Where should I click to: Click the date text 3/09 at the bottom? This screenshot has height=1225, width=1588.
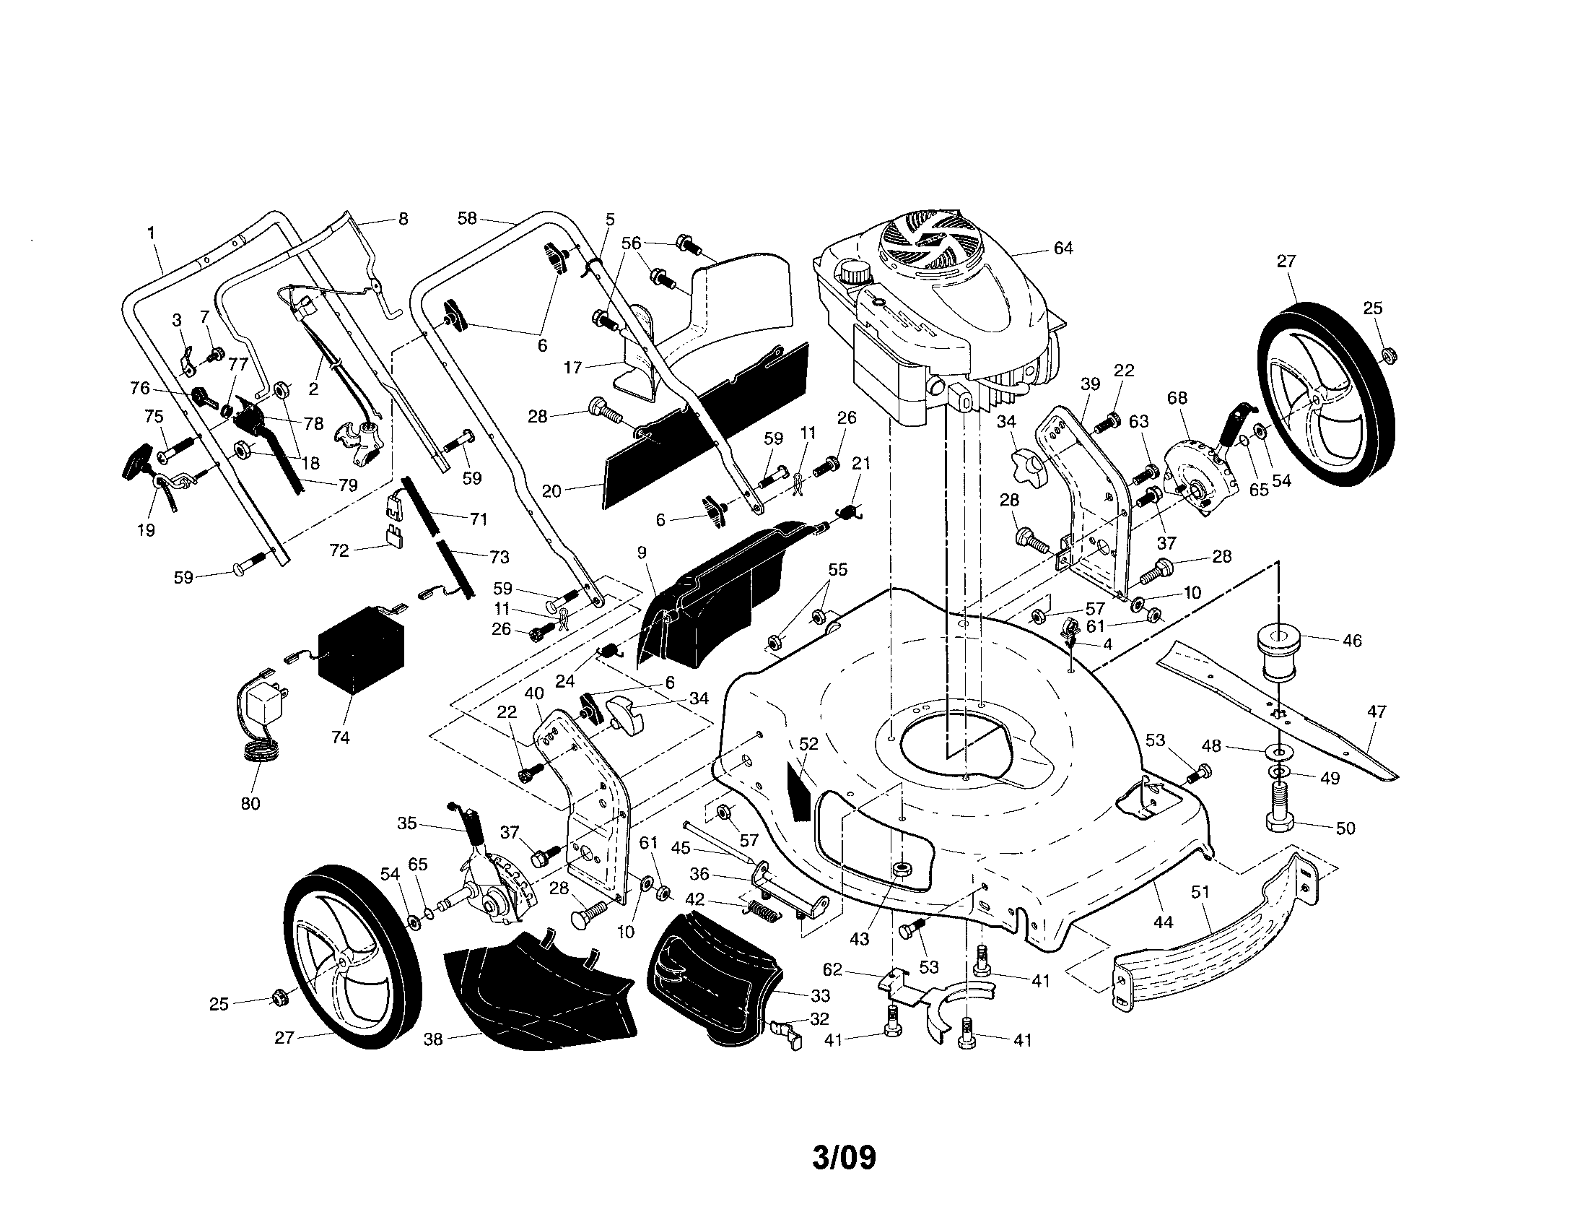click(x=843, y=1158)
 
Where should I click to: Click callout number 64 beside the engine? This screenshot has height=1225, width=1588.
click(x=1063, y=248)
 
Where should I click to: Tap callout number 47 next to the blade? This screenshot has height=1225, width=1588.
click(x=1377, y=711)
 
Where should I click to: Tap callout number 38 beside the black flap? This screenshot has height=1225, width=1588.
click(x=432, y=1039)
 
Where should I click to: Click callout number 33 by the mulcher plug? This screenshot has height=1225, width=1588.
click(x=821, y=995)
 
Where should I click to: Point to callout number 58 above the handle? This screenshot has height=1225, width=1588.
click(x=467, y=217)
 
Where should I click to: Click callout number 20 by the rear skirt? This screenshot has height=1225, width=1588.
click(x=551, y=491)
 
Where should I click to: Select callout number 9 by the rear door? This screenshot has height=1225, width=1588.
click(x=641, y=553)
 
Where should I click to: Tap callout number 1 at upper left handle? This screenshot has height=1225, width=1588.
click(x=152, y=233)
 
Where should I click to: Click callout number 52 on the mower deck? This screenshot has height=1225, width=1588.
click(x=808, y=743)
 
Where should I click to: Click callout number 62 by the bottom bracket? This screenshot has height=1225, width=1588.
click(x=832, y=969)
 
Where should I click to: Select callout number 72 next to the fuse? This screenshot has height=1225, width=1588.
click(x=339, y=550)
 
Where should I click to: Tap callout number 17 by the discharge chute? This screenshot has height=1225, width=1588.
click(x=573, y=368)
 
